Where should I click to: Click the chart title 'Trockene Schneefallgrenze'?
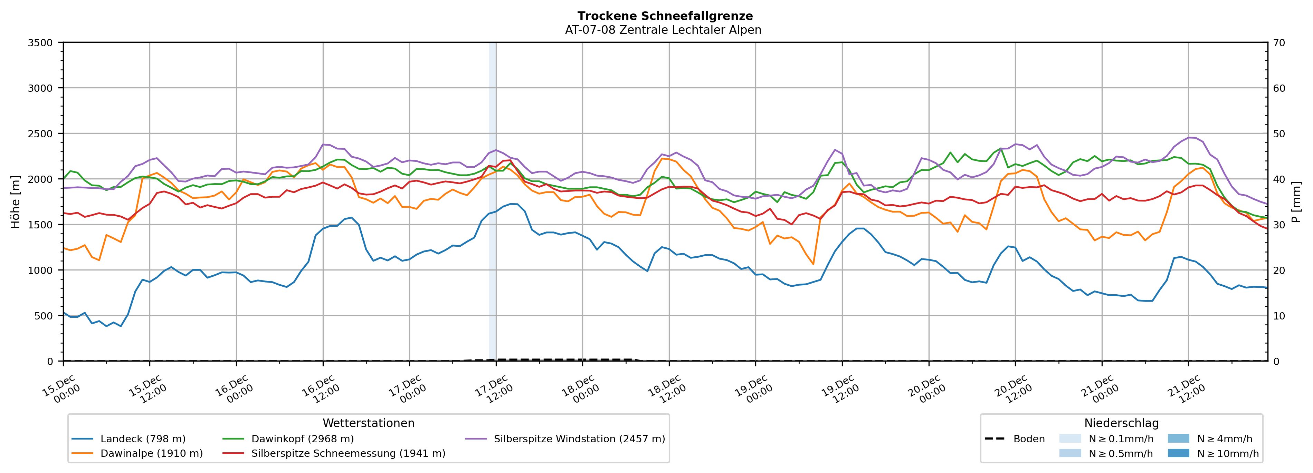point(665,16)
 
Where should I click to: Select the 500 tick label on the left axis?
point(43,316)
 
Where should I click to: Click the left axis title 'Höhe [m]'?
point(15,202)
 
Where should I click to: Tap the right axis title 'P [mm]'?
point(1296,202)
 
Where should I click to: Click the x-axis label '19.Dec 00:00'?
point(753,390)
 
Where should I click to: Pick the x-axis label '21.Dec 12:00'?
point(1186,390)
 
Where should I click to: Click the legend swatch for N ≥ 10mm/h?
point(1178,453)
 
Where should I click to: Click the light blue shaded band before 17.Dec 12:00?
point(492,204)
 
